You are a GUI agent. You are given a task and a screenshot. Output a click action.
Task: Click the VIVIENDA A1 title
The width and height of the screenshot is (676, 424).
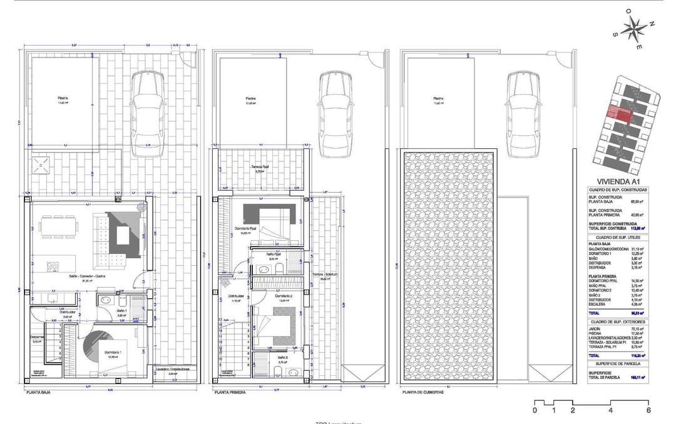(x=618, y=181)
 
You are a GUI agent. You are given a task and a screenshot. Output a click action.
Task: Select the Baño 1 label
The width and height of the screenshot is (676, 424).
(x=121, y=311)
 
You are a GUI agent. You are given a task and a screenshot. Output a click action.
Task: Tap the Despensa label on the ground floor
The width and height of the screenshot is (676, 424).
(x=36, y=339)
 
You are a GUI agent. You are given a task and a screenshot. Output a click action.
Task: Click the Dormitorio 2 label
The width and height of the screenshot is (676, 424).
(x=284, y=296)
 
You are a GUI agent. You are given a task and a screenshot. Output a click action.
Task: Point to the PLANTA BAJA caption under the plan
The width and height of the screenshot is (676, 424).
(x=38, y=393)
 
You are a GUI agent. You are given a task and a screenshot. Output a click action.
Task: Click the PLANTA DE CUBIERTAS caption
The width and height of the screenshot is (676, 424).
(x=422, y=393)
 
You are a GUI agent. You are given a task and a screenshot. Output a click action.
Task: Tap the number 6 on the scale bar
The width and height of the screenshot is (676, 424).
(x=648, y=411)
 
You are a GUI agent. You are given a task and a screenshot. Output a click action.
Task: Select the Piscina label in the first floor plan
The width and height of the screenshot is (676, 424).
(x=250, y=98)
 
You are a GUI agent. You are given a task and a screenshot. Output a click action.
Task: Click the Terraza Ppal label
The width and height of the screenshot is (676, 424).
(x=260, y=167)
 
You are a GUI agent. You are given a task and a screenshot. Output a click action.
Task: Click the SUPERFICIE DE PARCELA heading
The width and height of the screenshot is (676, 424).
(x=618, y=363)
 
